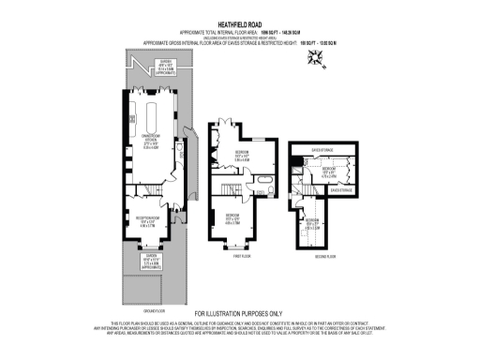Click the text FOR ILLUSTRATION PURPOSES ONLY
tap(238, 313)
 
